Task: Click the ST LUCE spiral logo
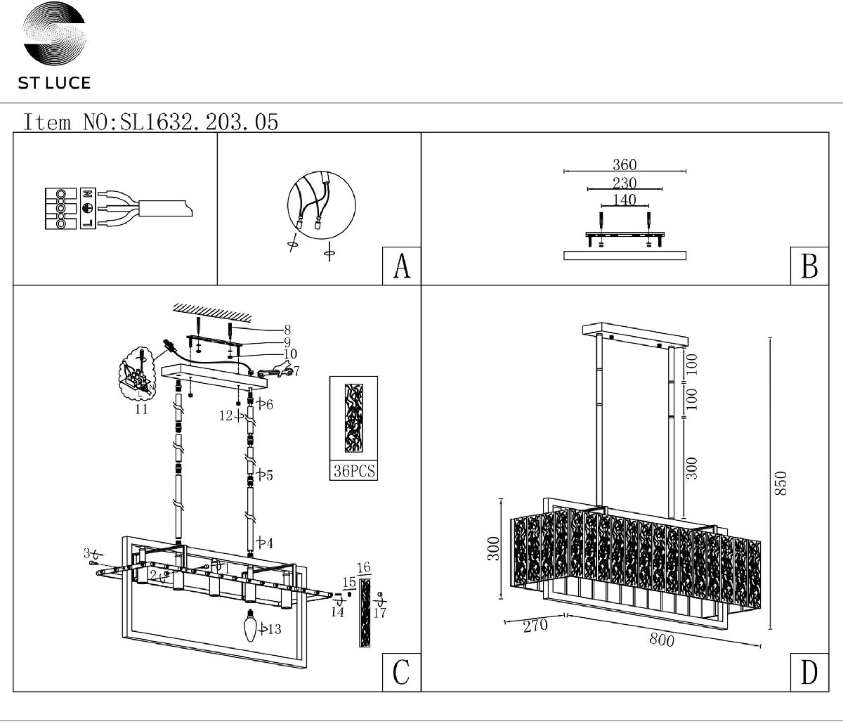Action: pos(54,36)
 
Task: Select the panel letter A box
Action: pos(401,266)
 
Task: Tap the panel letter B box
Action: pos(809,266)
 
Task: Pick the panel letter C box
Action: pos(401,672)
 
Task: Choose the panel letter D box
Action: pos(809,672)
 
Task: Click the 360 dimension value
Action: pos(624,164)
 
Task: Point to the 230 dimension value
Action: pos(624,183)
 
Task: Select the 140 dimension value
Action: pos(624,200)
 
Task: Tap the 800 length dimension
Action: pos(662,640)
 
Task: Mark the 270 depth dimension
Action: pos(535,626)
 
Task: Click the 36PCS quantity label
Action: pos(354,471)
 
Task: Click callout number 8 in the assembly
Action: pos(287,329)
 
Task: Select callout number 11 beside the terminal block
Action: pos(142,409)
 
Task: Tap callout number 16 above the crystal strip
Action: pos(363,567)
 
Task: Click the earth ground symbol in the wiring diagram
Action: pos(89,209)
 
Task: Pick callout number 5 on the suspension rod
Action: pos(268,476)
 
